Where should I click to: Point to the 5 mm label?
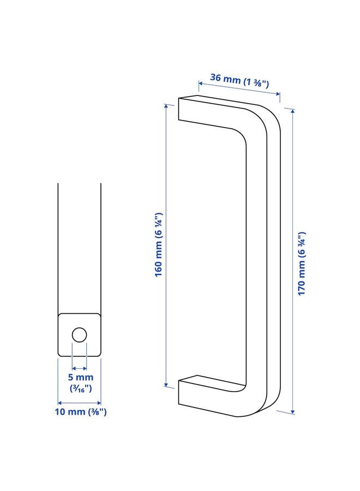[x=80, y=378]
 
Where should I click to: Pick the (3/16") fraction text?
[x=80, y=388]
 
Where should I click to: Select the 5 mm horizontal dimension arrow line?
[x=80, y=368]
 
